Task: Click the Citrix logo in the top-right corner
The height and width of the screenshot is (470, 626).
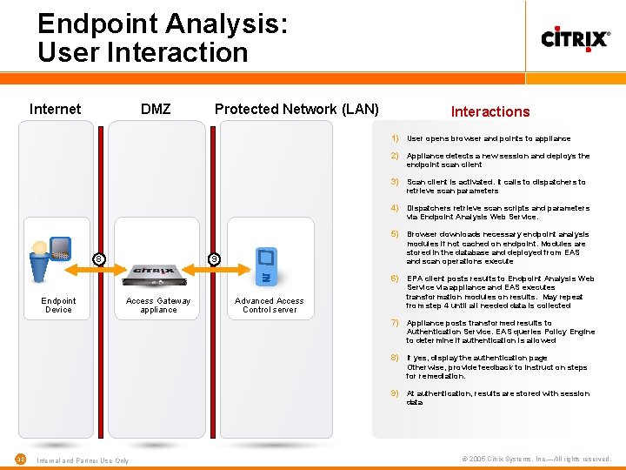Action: coord(576,39)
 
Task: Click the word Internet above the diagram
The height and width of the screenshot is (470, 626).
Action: coord(55,109)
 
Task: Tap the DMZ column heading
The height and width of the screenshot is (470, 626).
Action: coord(156,109)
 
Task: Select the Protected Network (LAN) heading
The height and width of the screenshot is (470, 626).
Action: coord(296,109)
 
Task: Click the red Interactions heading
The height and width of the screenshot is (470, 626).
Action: coord(490,111)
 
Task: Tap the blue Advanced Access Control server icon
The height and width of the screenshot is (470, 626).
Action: coord(268,265)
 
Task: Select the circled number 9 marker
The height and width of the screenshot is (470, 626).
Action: coord(215,258)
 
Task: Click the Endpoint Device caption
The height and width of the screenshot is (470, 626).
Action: coord(58,305)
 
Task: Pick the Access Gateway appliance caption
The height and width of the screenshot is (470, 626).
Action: coord(158,305)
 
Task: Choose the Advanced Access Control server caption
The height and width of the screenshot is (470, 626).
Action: coord(270,305)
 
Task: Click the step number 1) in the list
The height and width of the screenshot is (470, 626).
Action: coord(394,138)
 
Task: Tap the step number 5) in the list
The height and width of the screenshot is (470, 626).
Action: coord(394,234)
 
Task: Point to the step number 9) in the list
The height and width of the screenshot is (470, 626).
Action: coord(394,393)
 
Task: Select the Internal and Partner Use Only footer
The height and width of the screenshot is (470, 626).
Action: coord(83,460)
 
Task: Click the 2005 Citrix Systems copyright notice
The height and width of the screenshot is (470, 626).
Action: coord(536,459)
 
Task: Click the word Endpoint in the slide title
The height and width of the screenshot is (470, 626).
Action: coord(96,23)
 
